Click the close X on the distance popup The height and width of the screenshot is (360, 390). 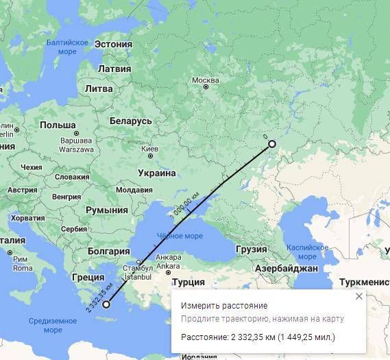click(x=359, y=296)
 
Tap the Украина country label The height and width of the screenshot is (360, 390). click(x=156, y=173)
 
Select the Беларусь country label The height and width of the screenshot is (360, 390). click(x=130, y=121)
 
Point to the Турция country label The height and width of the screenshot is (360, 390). click(x=188, y=282)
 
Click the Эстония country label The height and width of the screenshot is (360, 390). click(x=113, y=44)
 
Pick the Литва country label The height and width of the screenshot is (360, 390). click(x=98, y=88)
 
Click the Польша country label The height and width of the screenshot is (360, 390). click(x=58, y=125)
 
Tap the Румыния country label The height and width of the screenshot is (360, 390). click(x=106, y=211)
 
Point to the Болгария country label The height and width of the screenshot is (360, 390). click(x=104, y=252)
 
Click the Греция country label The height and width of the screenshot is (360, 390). click(x=88, y=278)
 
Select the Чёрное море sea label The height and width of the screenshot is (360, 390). click(x=180, y=236)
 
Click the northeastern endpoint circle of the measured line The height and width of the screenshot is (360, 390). click(x=271, y=144)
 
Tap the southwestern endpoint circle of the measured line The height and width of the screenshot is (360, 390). click(x=106, y=304)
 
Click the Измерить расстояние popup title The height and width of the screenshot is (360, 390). click(x=224, y=306)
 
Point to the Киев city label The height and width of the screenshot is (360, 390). click(x=149, y=148)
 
